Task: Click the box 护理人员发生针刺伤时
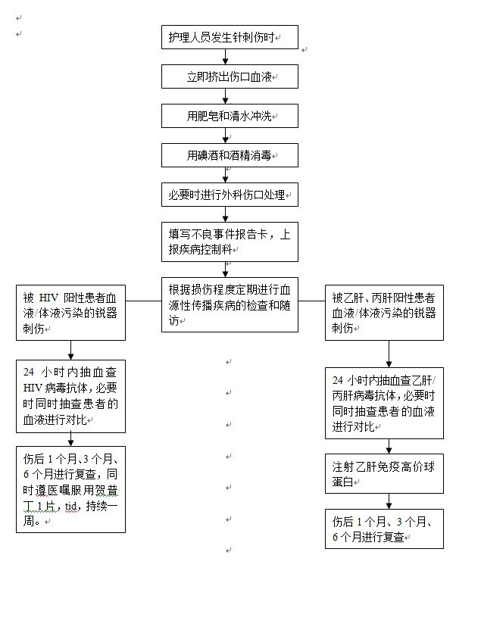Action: [230, 37]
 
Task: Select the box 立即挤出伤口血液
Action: [230, 76]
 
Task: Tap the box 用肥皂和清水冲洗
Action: [230, 116]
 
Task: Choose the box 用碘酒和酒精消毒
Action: [230, 155]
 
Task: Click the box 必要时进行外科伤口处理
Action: [230, 195]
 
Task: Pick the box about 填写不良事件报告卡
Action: [230, 242]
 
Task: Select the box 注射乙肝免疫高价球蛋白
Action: [384, 474]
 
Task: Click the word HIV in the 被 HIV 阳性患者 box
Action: [48, 298]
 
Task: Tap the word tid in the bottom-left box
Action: [70, 507]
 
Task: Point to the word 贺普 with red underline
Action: [108, 491]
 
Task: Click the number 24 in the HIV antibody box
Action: [29, 372]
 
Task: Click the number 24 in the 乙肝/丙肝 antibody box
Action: [338, 380]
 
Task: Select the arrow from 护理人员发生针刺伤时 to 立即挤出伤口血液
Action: [226, 57]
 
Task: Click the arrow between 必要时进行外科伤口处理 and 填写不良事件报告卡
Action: [226, 214]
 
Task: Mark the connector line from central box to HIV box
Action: [143, 301]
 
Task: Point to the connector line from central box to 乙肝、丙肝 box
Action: [311, 301]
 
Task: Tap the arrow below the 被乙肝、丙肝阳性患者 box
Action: [389, 354]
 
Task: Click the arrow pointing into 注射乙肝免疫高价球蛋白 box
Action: [389, 447]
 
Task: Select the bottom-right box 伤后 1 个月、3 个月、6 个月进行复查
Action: [384, 529]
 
